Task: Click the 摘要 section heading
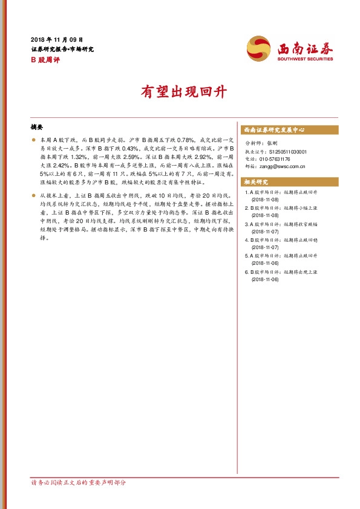[x=37, y=128]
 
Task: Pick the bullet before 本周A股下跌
[x=34, y=140]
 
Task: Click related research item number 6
[x=281, y=276]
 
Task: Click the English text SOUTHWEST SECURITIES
[x=306, y=59]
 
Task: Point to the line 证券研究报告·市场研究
[x=62, y=50]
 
